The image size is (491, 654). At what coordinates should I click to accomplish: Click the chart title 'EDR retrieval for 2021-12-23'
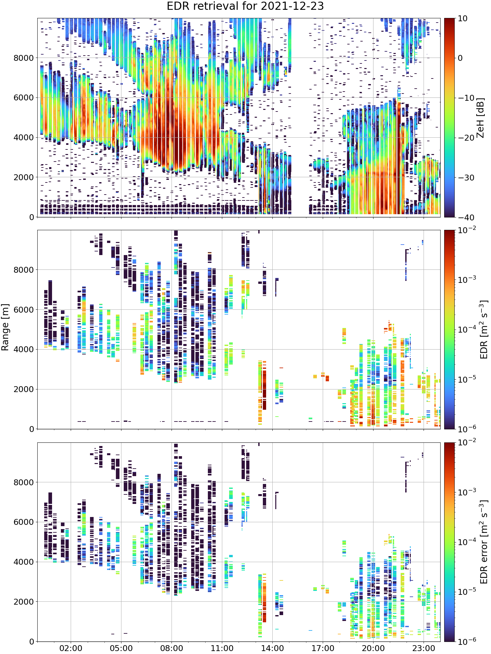point(245,6)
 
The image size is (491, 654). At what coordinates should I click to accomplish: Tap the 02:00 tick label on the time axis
point(71,648)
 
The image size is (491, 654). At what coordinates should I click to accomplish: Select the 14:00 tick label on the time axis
point(272,648)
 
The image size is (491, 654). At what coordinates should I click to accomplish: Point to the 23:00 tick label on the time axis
point(424,648)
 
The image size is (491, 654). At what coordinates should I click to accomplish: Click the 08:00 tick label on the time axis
point(172,648)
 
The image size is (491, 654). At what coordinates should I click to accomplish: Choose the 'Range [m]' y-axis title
point(5,327)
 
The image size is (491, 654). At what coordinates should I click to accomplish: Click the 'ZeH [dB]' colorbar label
point(480,118)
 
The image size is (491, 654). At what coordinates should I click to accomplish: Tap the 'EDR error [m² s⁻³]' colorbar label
point(484,542)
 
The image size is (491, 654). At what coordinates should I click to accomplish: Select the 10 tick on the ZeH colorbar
point(463,19)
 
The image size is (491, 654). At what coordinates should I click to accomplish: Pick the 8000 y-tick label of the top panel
point(24,58)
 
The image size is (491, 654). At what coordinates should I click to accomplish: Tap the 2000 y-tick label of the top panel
point(24,178)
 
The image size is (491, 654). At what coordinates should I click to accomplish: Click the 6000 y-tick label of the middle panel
point(24,310)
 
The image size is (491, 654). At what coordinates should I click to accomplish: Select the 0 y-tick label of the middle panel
point(31,429)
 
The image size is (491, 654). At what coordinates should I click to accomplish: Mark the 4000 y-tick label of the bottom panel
point(24,562)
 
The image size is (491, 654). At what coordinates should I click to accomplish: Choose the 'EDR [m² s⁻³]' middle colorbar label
point(484,329)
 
